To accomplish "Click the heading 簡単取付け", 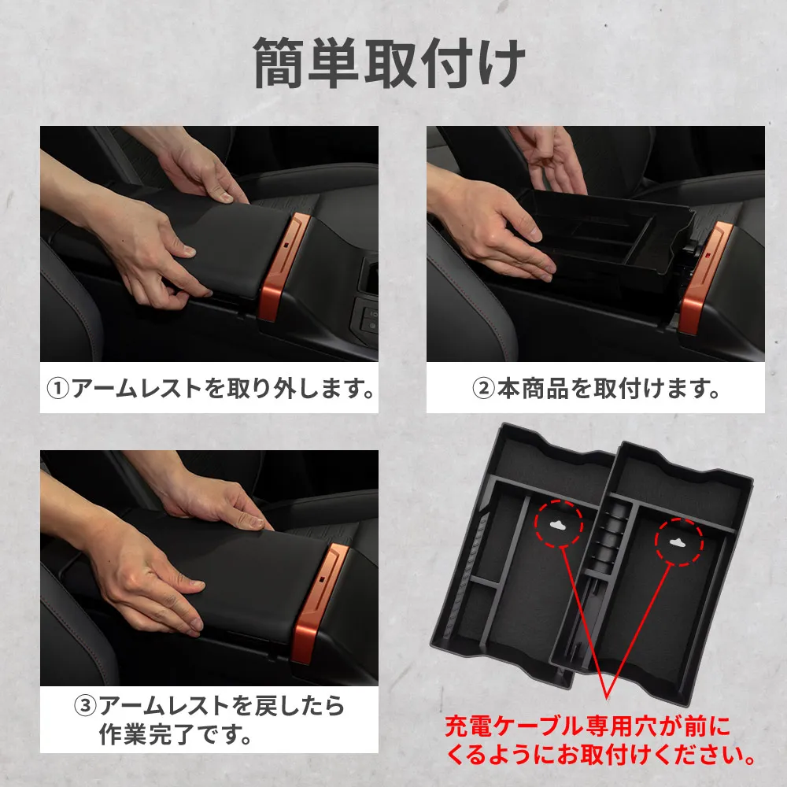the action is [390, 64].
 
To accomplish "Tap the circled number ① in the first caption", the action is [58, 389].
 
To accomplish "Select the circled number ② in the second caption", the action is [484, 389].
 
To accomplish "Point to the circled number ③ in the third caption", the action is [86, 705].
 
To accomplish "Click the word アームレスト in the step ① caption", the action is [136, 389].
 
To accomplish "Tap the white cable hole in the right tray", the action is [679, 542].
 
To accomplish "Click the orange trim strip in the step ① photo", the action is [283, 266].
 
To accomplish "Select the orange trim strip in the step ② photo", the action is [704, 278].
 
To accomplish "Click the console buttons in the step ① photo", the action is [368, 318].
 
